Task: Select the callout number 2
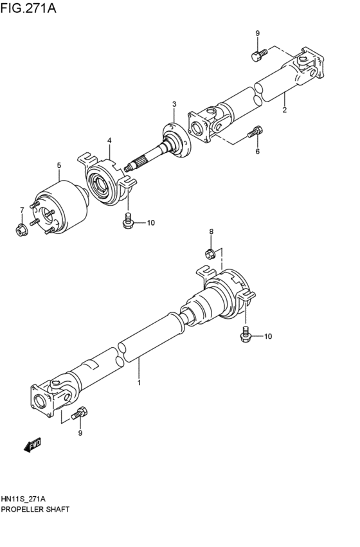283,110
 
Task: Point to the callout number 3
174,104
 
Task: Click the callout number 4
109,140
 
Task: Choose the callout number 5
257,152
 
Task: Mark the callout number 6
21,210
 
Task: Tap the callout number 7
210,231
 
